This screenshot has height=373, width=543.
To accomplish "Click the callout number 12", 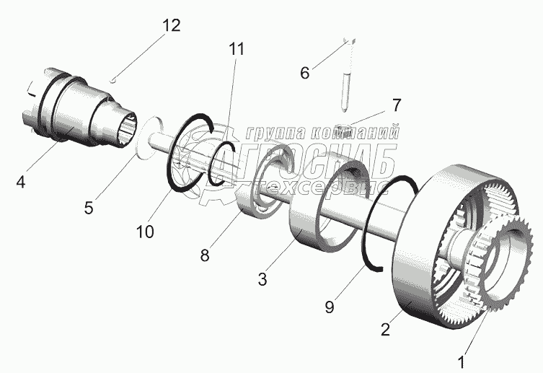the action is click(x=171, y=25).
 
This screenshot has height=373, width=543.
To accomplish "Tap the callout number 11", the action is click(x=236, y=50).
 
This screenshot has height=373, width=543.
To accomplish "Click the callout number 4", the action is click(x=21, y=183).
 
